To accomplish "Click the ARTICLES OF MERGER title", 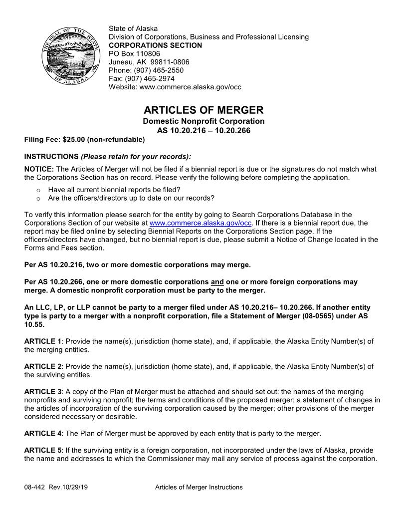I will (x=203, y=110).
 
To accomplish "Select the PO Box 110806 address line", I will (x=134, y=54).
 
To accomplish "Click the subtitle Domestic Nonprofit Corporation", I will (x=203, y=121).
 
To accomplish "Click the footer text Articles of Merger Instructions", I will (x=199, y=487).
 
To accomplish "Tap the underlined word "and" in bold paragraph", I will (x=217, y=282).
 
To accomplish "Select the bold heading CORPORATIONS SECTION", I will (x=155, y=45).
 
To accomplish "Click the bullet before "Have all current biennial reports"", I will (x=37, y=190).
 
